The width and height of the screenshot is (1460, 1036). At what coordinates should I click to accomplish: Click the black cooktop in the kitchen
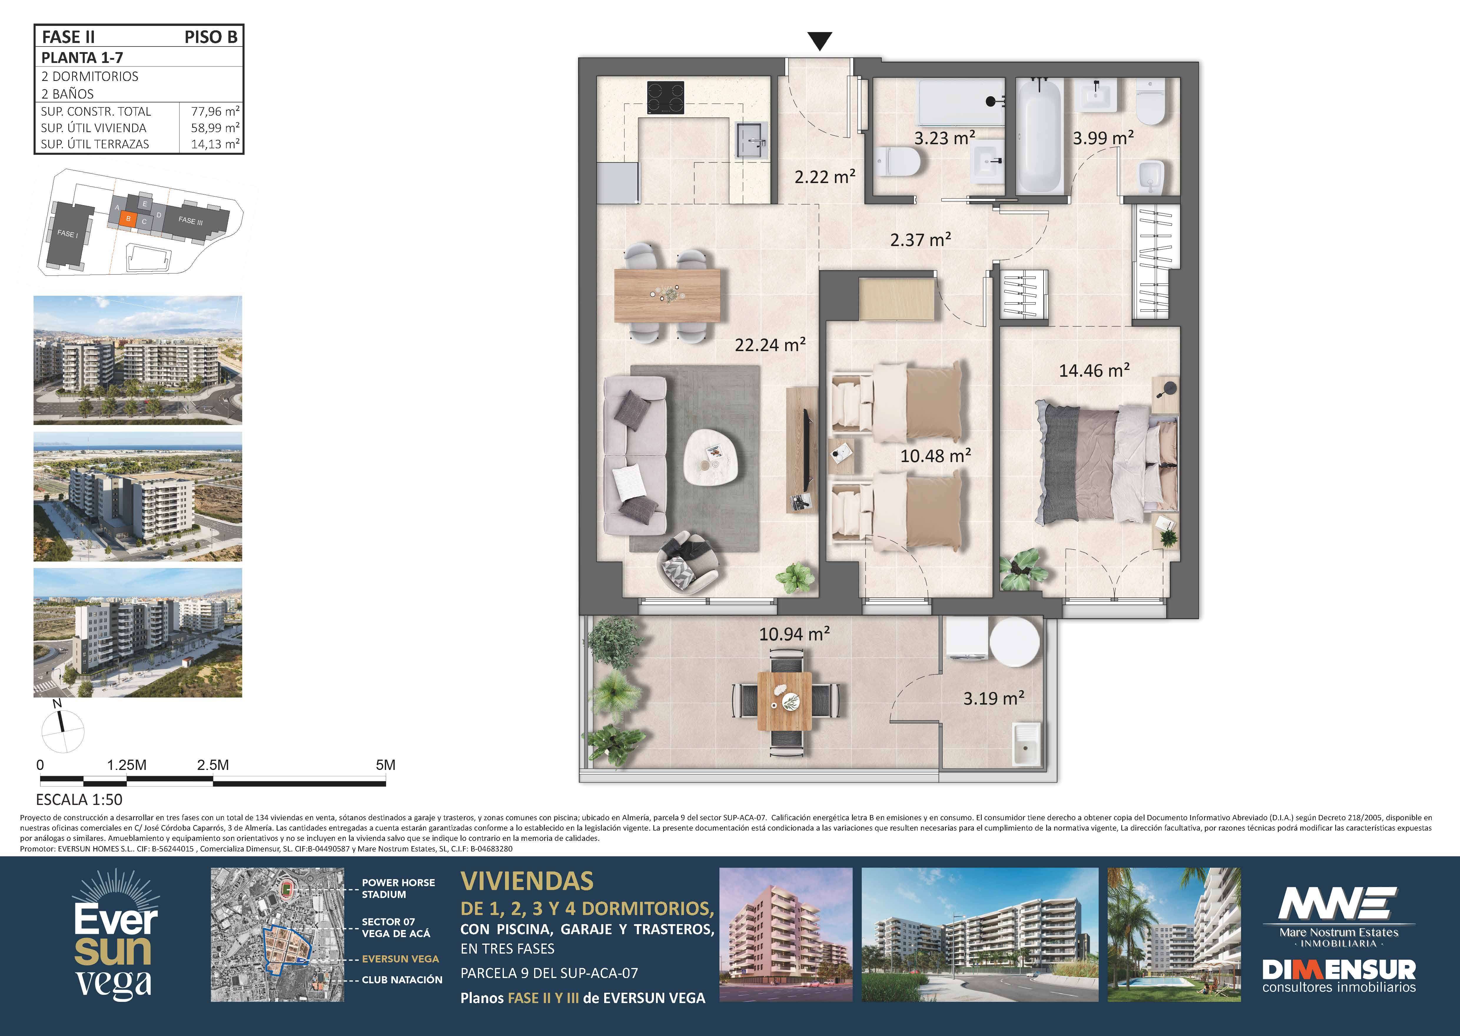click(x=666, y=98)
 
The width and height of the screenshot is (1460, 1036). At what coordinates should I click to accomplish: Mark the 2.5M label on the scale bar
click(x=213, y=765)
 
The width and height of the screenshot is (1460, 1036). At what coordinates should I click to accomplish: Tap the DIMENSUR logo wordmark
click(x=1339, y=970)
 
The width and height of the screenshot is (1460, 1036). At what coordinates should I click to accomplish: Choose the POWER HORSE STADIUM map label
click(x=398, y=888)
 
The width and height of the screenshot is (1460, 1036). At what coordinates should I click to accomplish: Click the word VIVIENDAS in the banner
click(x=527, y=881)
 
